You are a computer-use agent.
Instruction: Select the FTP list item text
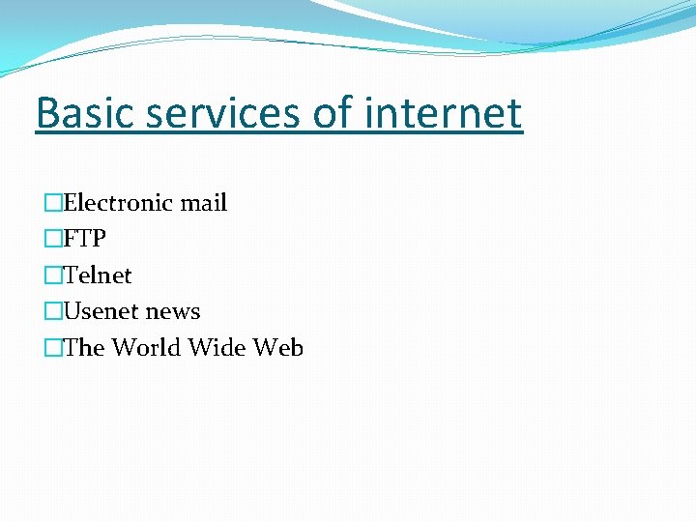point(84,239)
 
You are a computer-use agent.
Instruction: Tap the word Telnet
point(98,275)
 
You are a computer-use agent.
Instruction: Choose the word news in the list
point(173,311)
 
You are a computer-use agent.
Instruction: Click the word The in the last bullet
point(84,348)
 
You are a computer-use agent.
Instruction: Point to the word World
point(146,348)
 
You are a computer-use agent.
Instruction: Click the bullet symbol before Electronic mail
point(53,203)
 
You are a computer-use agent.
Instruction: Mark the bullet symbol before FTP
point(53,239)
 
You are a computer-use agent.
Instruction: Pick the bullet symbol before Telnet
point(53,275)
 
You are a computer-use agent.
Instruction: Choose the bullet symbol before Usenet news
point(53,311)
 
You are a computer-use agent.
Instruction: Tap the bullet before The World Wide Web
point(53,348)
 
